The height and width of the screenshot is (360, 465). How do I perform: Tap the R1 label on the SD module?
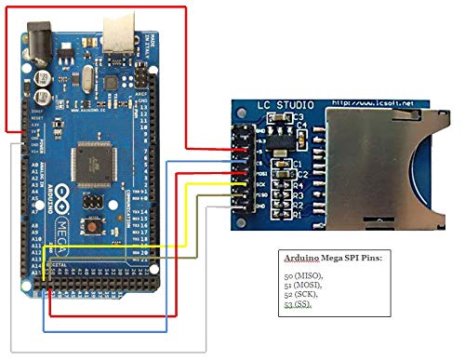(299, 215)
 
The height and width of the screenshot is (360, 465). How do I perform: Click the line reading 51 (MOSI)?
(303, 286)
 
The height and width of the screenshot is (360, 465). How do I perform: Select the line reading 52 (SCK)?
(302, 295)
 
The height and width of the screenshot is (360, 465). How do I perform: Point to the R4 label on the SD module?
(299, 186)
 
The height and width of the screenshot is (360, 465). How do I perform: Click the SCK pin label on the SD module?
(261, 183)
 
